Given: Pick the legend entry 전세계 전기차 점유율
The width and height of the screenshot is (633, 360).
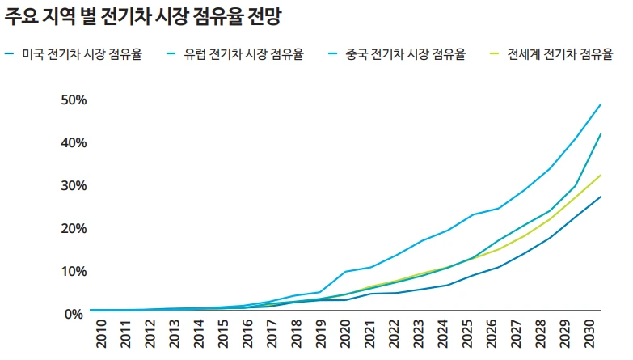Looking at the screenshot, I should pyautogui.click(x=558, y=55).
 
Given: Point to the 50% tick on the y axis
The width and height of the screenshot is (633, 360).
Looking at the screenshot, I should pyautogui.click(x=73, y=100).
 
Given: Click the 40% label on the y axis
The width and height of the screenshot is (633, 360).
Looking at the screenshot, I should pyautogui.click(x=73, y=143).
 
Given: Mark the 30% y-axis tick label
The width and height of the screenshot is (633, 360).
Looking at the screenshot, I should pyautogui.click(x=73, y=186).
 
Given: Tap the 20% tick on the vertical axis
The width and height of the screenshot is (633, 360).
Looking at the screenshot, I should pyautogui.click(x=73, y=229).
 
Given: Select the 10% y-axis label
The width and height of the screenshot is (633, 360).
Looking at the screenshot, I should pyautogui.click(x=73, y=271).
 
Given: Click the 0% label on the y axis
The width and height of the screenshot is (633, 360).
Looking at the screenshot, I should pyautogui.click(x=76, y=314).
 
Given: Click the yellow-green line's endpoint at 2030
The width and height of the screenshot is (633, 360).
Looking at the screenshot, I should pyautogui.click(x=601, y=175).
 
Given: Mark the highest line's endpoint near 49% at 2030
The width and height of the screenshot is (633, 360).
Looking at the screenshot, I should pyautogui.click(x=601, y=104).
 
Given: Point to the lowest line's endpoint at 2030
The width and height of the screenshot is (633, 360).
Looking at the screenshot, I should pyautogui.click(x=601, y=197).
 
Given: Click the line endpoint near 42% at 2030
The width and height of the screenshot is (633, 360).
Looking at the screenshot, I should pyautogui.click(x=601, y=134).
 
